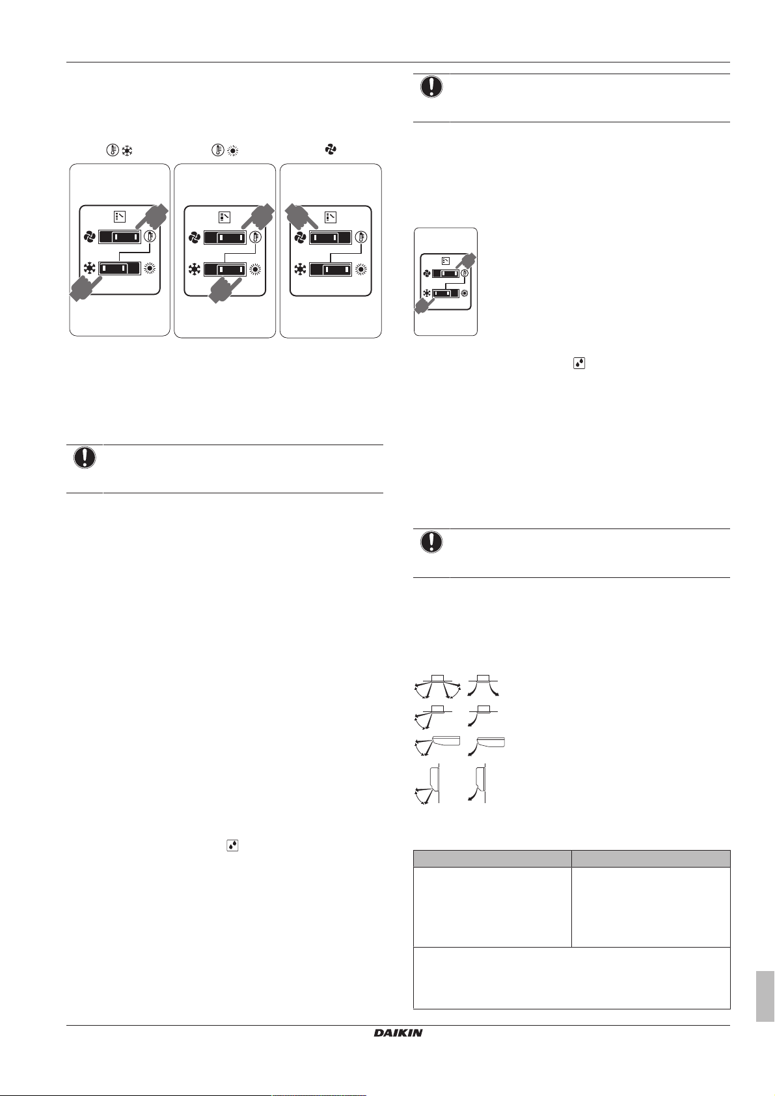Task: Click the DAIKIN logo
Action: pos(398,1033)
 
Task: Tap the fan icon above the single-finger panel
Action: pos(331,150)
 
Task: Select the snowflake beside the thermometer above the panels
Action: pos(127,151)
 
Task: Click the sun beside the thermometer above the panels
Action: pos(232,151)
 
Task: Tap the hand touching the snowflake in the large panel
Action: pos(86,288)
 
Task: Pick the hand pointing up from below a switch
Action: pos(224,290)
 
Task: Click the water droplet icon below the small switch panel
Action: pos(578,364)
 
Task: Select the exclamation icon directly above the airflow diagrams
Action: pos(431,542)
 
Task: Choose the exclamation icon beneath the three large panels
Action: pos(85,458)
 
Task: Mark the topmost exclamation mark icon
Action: pos(431,87)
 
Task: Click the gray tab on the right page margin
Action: pos(765,996)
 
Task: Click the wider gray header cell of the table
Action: pos(492,858)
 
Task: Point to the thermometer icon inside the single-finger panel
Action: pos(361,237)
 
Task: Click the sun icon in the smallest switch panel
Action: pos(464,294)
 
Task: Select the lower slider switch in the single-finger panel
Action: pos(331,269)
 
